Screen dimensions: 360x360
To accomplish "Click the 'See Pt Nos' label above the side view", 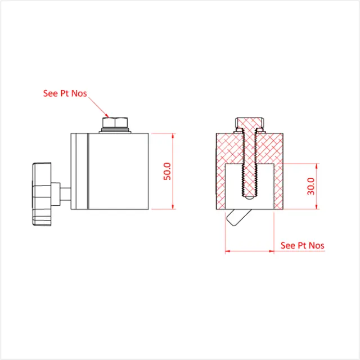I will click(x=65, y=93).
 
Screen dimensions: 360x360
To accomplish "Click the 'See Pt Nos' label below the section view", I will click(x=303, y=245).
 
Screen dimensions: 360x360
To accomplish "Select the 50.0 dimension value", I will click(x=167, y=170).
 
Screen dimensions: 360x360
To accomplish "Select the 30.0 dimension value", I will click(x=311, y=186).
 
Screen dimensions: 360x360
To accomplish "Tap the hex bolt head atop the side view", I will click(x=115, y=122).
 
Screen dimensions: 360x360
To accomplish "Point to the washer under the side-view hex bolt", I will click(x=115, y=131).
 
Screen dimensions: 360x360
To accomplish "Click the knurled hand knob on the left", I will click(x=42, y=192).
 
